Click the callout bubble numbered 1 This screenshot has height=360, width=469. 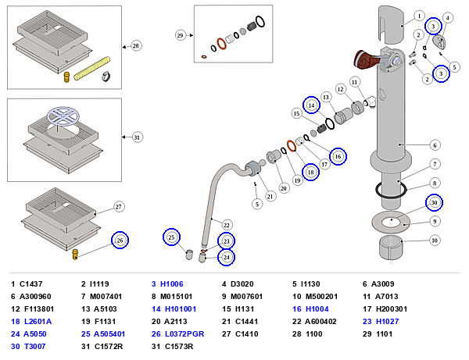pos(419,16)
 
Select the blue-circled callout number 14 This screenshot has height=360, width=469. pos(311,105)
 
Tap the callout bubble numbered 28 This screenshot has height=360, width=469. pos(136,46)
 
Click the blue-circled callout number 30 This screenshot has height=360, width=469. pos(434,202)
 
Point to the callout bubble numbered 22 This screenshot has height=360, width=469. pos(227,225)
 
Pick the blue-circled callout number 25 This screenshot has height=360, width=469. pos(171,237)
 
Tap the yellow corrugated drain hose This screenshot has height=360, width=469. pos(91,69)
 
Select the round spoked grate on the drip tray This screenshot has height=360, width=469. pos(63,116)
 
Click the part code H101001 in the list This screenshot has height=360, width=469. pos(181,309)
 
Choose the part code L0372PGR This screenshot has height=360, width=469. pos(184,333)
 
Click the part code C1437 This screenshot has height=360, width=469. pos(31,283)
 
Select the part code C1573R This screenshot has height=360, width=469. pos(179,346)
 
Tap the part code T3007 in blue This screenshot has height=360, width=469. pos(35,346)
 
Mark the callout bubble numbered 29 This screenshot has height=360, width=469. pos(180,36)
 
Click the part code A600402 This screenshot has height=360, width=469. pos(320,322)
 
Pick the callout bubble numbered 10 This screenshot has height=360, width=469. pos(435,241)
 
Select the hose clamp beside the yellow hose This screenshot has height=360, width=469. pos(106,77)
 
